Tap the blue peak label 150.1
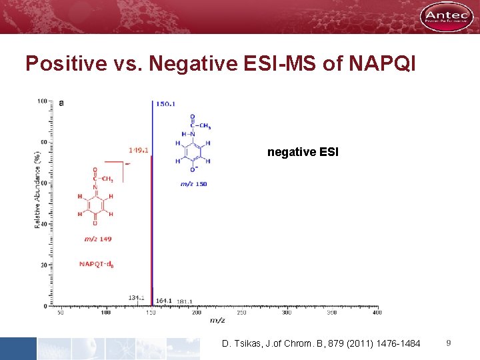[165, 104]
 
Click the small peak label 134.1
[137, 297]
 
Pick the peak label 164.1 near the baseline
[164, 301]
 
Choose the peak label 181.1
[185, 302]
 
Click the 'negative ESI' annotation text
[303, 153]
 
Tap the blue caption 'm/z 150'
[193, 183]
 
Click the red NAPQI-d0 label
[96, 264]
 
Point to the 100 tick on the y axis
[42, 101]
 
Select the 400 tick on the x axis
[377, 312]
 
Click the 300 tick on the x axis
[287, 312]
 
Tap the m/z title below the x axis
[217, 321]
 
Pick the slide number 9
[449, 343]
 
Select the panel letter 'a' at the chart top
[61, 103]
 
